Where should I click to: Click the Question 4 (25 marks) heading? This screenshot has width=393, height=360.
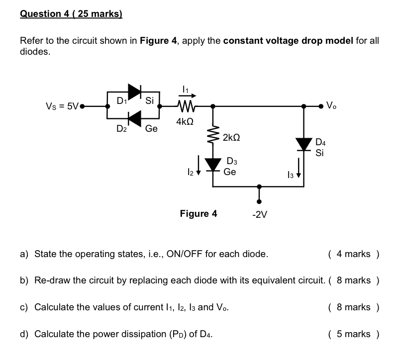(71, 14)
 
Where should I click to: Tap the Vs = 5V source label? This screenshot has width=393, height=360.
(62, 106)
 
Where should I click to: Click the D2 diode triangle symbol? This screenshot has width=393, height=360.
(134, 119)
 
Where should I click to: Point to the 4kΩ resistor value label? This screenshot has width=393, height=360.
(185, 121)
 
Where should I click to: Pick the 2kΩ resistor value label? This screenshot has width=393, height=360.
(231, 137)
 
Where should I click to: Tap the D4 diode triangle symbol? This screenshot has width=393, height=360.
(304, 144)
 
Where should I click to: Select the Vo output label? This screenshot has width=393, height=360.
(332, 105)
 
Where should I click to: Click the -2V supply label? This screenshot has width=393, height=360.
(260, 215)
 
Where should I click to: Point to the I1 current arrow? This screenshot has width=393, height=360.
(185, 96)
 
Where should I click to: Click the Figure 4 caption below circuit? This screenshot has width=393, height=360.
(198, 214)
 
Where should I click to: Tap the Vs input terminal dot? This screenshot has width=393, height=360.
(82, 106)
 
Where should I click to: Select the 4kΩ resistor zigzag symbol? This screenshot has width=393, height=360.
(185, 106)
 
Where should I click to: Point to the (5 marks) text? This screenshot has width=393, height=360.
(354, 334)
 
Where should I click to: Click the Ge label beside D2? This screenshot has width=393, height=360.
(151, 129)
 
